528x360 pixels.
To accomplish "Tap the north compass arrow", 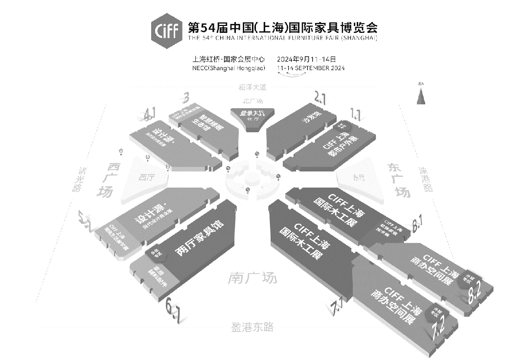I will pyautogui.click(x=420, y=96).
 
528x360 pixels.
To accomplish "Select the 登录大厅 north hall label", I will pyautogui.click(x=252, y=114).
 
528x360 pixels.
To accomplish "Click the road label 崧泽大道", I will pyautogui.click(x=252, y=87).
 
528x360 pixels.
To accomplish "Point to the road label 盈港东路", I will pyautogui.click(x=252, y=327).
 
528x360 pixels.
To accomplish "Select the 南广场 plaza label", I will pyautogui.click(x=252, y=278).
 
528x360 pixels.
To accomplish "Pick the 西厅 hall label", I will pyautogui.click(x=146, y=177).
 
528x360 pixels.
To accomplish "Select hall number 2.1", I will pyautogui.click(x=320, y=98).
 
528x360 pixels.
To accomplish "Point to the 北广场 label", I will pyautogui.click(x=253, y=101).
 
